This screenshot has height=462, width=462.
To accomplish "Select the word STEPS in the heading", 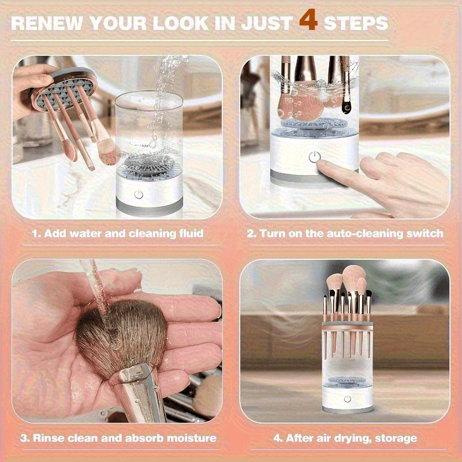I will point(355,23).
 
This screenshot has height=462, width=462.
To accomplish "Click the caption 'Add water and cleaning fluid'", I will point(118,233).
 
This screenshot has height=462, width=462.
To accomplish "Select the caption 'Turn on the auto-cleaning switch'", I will point(345,233).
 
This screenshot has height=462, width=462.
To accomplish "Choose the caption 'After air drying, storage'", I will point(345,438).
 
